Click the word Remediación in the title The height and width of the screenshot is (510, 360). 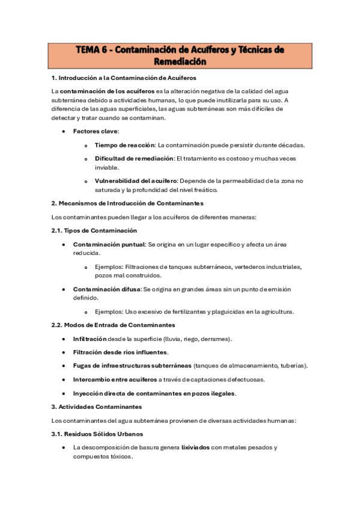point(180,61)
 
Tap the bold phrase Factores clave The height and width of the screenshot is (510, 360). point(96,131)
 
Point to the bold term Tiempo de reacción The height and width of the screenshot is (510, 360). point(124,145)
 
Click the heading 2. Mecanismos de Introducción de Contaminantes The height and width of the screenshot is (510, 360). point(127,203)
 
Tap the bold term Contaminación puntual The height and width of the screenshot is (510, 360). point(109,244)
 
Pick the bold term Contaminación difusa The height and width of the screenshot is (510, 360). point(106,289)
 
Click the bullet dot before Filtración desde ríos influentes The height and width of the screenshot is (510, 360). point(64,352)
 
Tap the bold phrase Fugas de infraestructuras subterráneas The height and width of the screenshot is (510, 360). point(132,366)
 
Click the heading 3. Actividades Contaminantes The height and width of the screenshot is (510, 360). point(97,407)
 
